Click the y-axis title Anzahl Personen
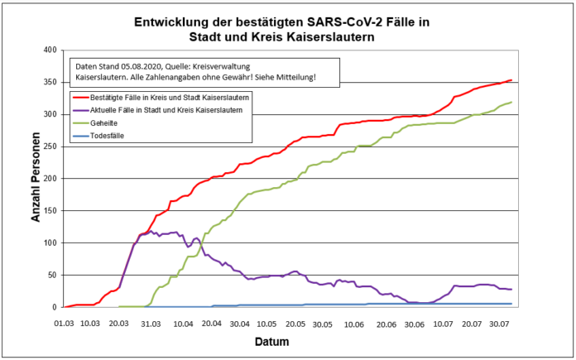[35, 178]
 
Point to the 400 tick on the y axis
[50, 50]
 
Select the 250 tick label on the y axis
[50, 146]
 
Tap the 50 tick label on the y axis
[52, 275]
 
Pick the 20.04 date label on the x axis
[213, 322]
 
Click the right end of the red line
[511, 80]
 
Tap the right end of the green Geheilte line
[511, 103]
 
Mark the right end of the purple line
[511, 289]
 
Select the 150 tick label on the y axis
[50, 210]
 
